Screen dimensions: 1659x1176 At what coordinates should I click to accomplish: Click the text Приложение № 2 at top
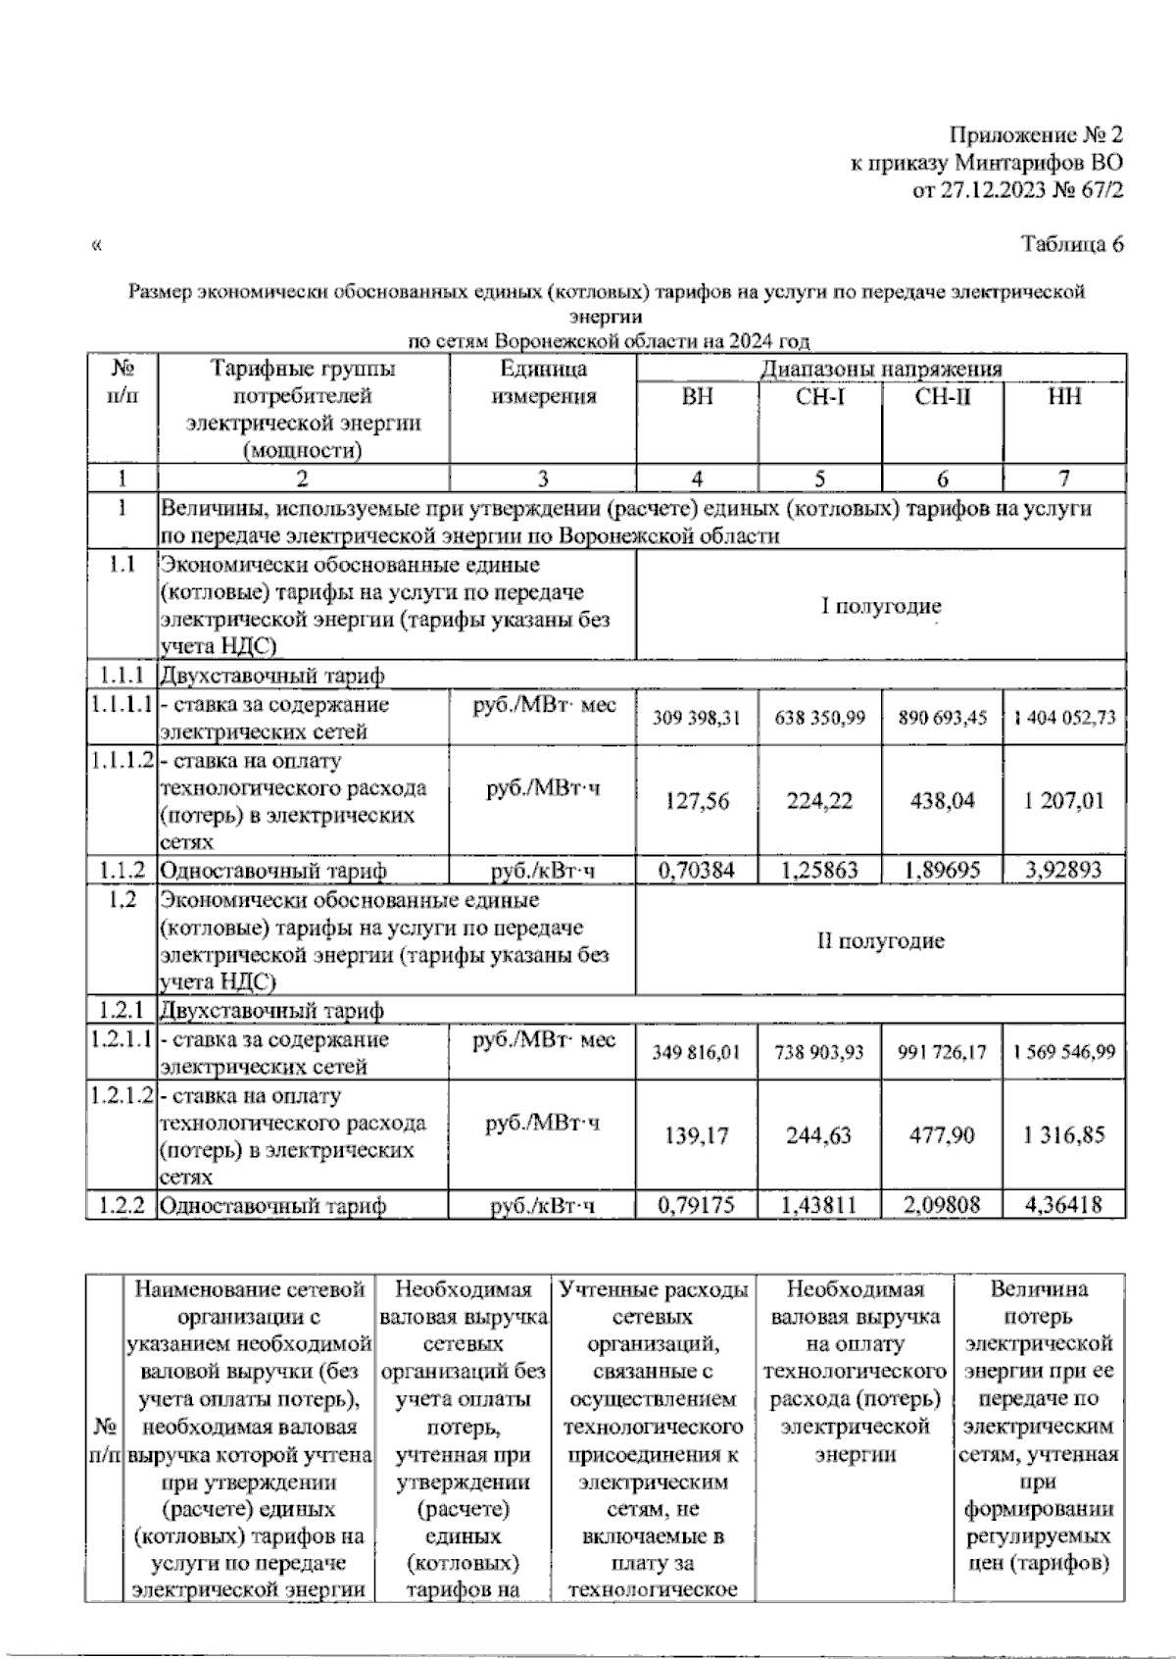click(1035, 135)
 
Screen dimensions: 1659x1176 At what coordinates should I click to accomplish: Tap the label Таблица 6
click(1072, 245)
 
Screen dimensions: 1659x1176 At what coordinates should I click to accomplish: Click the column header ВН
click(697, 397)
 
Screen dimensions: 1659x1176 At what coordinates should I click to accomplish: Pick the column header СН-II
click(942, 397)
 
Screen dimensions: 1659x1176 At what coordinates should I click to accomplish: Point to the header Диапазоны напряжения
click(881, 369)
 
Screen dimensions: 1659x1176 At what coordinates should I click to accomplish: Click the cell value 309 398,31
click(697, 718)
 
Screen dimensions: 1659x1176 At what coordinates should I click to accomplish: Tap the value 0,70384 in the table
click(697, 870)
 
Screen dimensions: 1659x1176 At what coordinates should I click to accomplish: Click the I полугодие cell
click(881, 606)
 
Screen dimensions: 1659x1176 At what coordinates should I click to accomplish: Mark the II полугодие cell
click(881, 941)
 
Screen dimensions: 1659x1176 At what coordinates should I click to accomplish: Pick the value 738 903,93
click(819, 1052)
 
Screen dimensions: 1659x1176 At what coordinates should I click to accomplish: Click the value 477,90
click(942, 1135)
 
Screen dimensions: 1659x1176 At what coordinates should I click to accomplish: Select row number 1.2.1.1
click(122, 1039)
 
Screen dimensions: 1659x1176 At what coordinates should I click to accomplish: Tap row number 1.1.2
click(122, 870)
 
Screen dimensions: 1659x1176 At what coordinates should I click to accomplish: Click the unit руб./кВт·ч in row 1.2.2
click(543, 1205)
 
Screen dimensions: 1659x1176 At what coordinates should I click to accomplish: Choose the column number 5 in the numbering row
click(819, 478)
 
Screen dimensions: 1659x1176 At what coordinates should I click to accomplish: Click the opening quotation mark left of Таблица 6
click(95, 246)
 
